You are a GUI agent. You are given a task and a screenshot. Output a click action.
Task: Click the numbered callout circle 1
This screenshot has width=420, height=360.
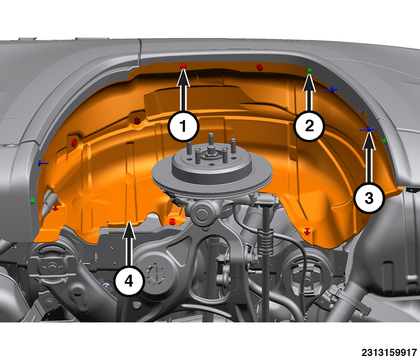point(184,126)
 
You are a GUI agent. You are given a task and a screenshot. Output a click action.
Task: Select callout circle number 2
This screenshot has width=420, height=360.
point(309,126)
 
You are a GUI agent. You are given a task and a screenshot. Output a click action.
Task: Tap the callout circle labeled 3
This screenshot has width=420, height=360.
point(369,198)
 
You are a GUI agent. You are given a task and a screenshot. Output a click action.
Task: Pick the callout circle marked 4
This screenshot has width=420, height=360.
point(129,281)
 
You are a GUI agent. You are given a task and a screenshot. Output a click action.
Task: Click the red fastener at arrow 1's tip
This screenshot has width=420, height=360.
point(183,66)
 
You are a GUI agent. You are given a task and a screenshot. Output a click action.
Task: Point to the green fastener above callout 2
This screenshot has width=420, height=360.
point(309,71)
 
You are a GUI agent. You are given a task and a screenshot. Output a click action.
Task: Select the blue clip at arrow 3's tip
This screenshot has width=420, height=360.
point(368,129)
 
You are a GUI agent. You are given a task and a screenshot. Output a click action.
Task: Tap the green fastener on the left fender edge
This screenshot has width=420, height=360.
point(33,201)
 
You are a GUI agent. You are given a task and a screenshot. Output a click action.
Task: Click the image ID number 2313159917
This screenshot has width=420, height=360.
point(389,352)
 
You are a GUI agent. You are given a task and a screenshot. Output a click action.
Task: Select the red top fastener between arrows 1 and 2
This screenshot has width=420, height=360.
point(259,67)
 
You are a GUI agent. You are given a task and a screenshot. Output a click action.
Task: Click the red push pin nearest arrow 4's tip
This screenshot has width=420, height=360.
point(172,221)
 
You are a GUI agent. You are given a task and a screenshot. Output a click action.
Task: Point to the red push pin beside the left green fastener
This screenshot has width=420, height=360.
point(56,207)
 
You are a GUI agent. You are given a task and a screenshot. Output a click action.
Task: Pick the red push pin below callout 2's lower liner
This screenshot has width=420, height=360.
point(307,231)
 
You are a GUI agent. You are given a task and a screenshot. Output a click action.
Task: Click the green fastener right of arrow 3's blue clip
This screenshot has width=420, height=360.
point(384,141)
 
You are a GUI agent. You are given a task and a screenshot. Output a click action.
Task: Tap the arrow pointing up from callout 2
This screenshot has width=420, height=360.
point(309,92)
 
